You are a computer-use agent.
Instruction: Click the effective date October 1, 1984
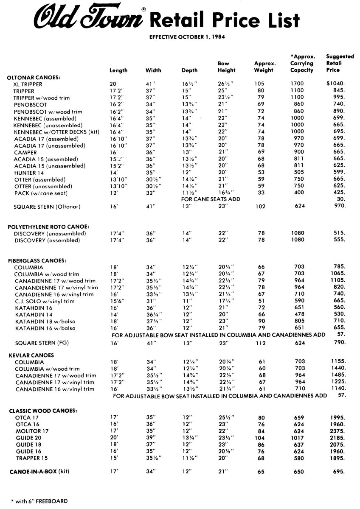[x=187, y=37]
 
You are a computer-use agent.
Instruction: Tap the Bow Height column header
[x=226, y=67]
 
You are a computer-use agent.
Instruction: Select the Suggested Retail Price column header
[x=334, y=63]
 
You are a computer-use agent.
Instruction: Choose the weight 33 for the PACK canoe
[x=262, y=193]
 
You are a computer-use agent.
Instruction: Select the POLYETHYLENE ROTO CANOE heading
[x=49, y=227]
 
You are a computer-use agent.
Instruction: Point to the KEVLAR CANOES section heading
[x=31, y=355]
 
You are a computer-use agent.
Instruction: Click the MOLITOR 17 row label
[x=32, y=431]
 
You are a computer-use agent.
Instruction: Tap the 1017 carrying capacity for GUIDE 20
[x=299, y=438]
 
